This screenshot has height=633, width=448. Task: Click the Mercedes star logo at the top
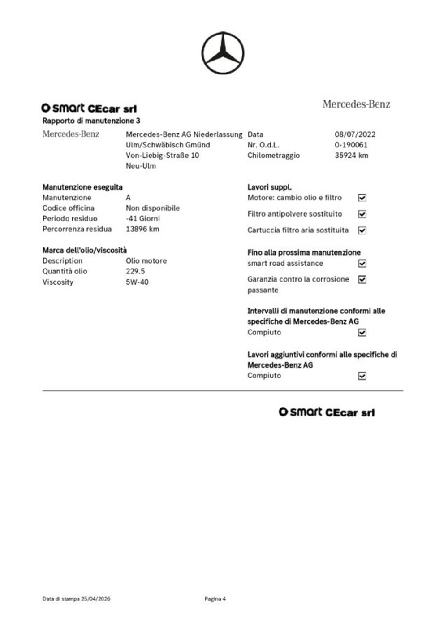tap(223, 53)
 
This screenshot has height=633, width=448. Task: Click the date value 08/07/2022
tap(355, 134)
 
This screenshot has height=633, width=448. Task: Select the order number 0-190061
tap(351, 145)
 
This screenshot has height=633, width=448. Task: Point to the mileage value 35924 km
tap(351, 156)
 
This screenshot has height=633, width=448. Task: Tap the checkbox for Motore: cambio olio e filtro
tap(362, 198)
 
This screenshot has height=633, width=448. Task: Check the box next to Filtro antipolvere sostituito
tap(362, 214)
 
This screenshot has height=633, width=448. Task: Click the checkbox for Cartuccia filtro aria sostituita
tap(362, 230)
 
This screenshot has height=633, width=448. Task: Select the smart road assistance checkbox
tap(362, 264)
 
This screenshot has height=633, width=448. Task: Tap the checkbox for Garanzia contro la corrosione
tap(362, 280)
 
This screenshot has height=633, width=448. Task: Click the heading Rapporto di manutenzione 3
tap(91, 121)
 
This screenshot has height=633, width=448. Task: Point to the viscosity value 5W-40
tap(137, 282)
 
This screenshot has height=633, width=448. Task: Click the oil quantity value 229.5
tap(135, 271)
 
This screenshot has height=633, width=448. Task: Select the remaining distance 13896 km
tap(142, 229)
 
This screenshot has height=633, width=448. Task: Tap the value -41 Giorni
tap(142, 219)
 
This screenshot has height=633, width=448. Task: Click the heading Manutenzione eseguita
tap(82, 187)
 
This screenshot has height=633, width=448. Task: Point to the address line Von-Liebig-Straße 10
tap(162, 156)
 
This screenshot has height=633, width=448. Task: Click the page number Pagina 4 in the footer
tap(215, 599)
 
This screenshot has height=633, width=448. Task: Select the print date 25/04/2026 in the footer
tap(95, 599)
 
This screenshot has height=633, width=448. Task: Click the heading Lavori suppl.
tap(269, 187)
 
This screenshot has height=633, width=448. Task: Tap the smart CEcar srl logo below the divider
tap(327, 412)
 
